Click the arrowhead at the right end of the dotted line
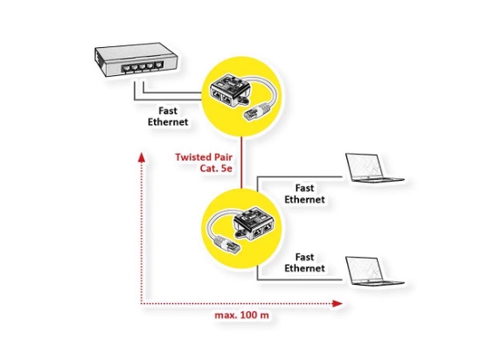337,303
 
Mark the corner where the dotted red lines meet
141,303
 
